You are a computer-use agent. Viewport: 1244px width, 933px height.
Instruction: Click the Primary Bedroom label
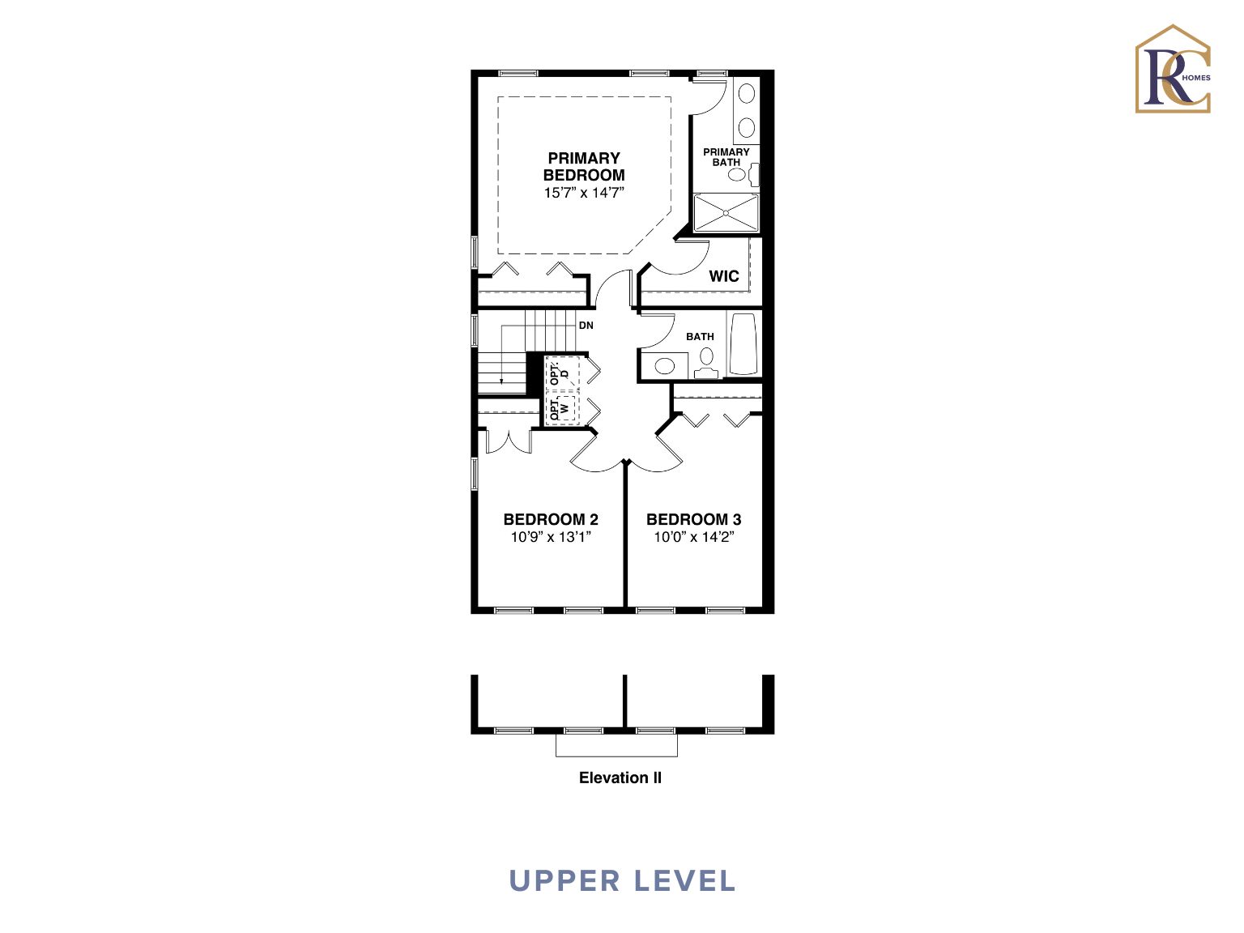[584, 166]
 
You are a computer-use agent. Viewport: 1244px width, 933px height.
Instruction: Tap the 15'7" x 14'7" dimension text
[584, 193]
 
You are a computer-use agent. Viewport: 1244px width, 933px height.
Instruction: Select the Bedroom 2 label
[550, 519]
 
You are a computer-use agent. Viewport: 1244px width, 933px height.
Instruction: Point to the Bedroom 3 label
[694, 519]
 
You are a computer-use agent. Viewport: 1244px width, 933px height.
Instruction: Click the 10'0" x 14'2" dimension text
[694, 537]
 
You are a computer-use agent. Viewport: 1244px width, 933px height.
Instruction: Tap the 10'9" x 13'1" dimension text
[551, 537]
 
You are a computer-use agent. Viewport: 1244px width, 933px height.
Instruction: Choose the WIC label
[724, 276]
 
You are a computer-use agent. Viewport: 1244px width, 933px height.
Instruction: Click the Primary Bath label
[726, 157]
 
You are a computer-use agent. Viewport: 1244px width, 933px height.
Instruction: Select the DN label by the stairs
[586, 325]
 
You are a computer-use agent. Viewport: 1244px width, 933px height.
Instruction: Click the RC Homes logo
[1173, 69]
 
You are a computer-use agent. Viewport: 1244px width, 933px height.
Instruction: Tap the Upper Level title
[622, 881]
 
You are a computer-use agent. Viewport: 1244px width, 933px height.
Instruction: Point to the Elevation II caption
[620, 777]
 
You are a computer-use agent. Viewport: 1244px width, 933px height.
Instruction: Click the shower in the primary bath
[726, 213]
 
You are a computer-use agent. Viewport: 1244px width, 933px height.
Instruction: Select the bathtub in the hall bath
[743, 344]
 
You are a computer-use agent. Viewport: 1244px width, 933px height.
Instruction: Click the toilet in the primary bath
[743, 174]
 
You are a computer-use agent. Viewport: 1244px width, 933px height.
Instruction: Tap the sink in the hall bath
[664, 366]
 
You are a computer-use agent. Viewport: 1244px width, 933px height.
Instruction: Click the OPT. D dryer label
[558, 373]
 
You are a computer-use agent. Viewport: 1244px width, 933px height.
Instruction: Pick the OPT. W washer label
[558, 409]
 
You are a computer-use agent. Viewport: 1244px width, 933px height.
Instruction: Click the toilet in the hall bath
[706, 363]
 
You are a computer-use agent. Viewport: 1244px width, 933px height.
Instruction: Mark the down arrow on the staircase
[501, 355]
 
